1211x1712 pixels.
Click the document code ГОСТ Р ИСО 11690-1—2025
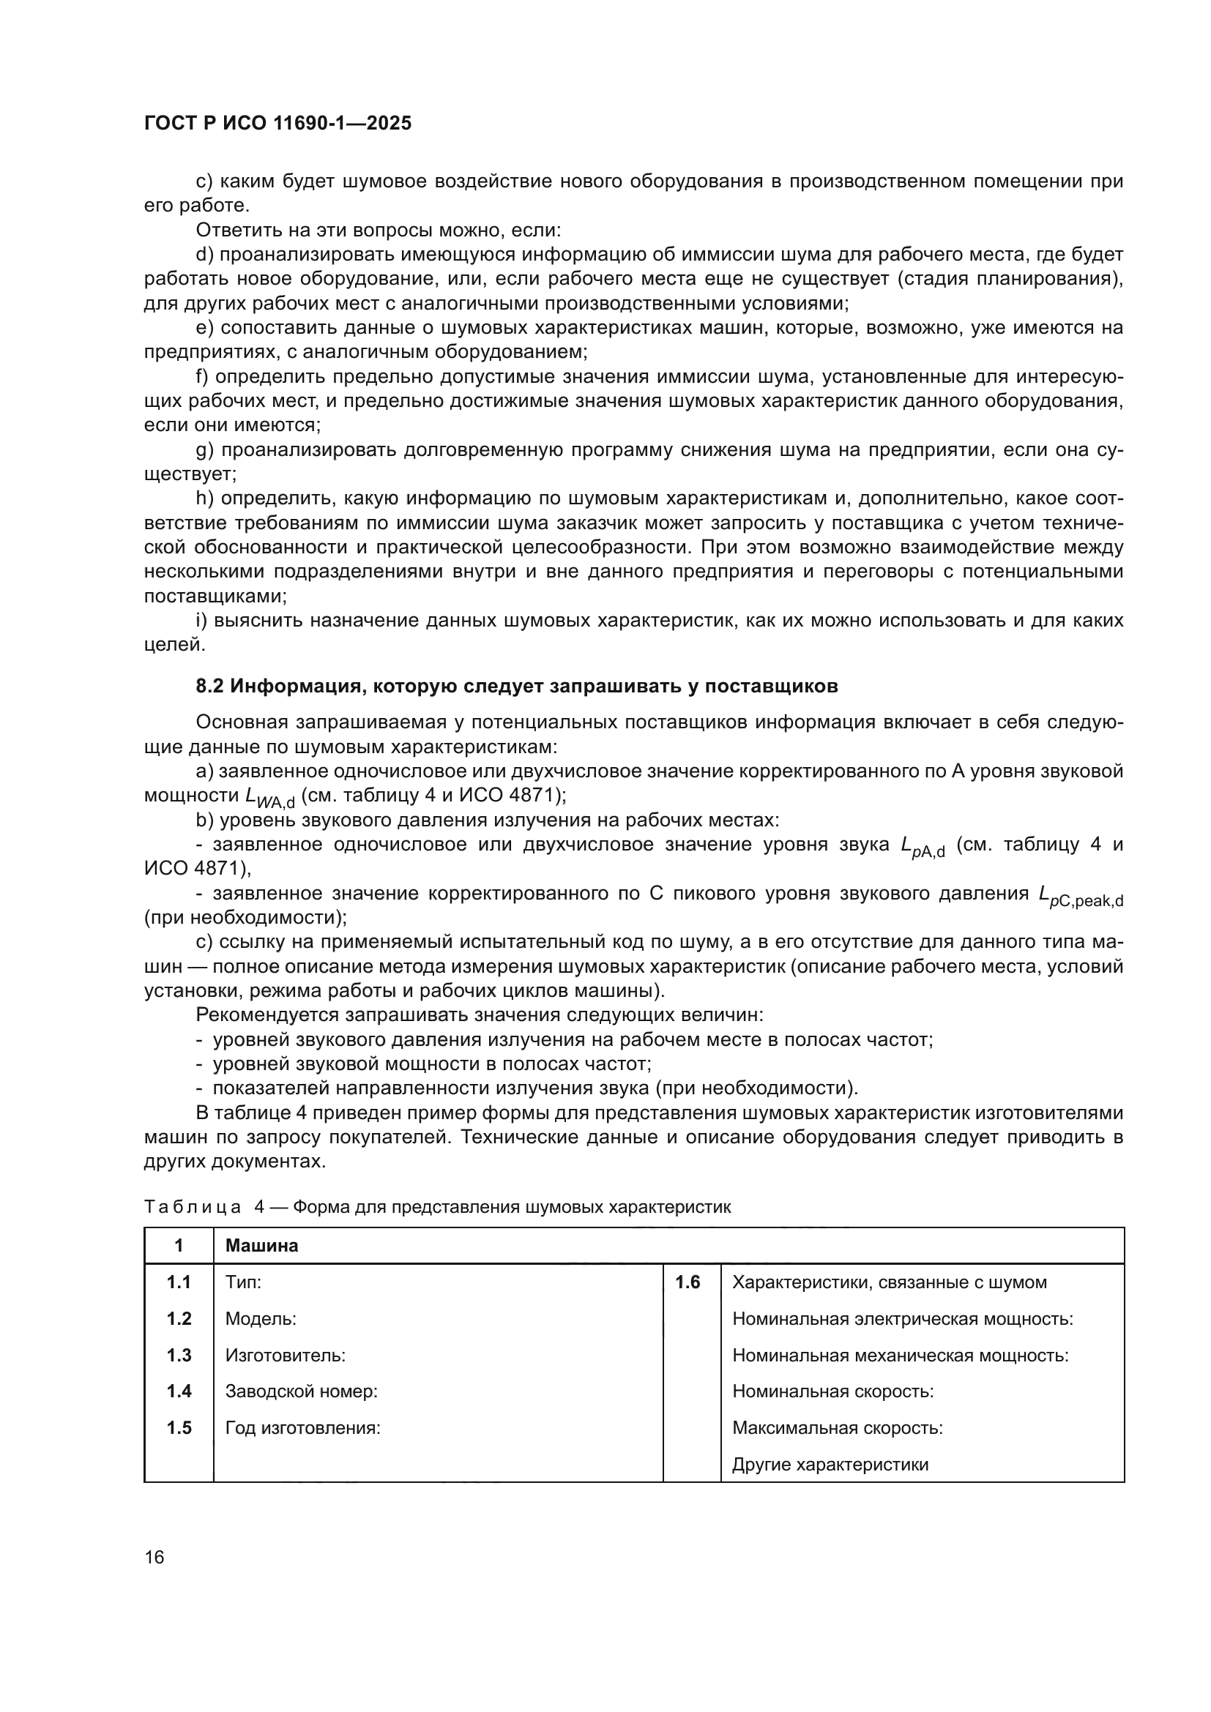tap(277, 123)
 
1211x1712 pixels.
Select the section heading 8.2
tap(516, 686)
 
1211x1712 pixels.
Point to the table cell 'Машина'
tap(261, 1245)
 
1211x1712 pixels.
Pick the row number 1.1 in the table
tap(179, 1282)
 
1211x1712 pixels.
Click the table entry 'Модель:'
tap(261, 1318)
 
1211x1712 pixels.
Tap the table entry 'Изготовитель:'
tap(285, 1355)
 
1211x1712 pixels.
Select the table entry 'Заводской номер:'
tap(301, 1391)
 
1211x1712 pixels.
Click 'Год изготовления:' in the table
tap(303, 1427)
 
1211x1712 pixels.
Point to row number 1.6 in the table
tap(688, 1282)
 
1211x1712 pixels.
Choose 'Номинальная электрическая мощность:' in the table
tap(902, 1318)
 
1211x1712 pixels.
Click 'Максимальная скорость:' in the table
tap(838, 1427)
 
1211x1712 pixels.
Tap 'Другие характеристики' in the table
tap(830, 1464)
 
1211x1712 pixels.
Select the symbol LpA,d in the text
tap(923, 848)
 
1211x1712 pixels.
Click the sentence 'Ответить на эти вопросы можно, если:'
tap(378, 230)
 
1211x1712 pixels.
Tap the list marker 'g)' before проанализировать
tap(204, 449)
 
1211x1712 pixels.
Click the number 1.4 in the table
tap(179, 1391)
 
